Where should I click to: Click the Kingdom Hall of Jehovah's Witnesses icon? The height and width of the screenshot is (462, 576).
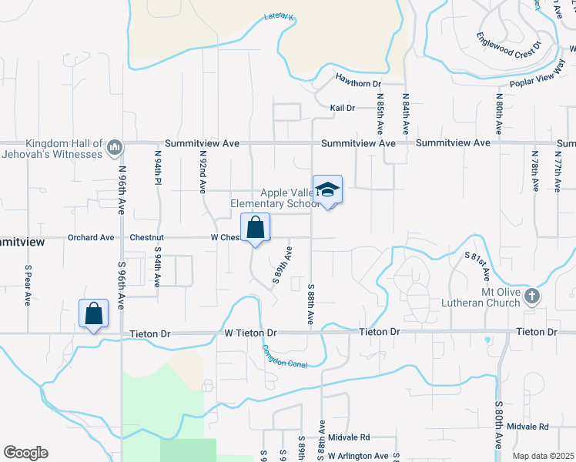pos(115,146)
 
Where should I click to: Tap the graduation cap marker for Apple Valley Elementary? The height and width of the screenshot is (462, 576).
pos(327,190)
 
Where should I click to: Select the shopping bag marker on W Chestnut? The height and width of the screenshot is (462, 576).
pos(255,228)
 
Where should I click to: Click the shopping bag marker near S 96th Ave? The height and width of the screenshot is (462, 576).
pos(93,313)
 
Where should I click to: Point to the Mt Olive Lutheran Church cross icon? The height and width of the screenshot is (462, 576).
pos(531,296)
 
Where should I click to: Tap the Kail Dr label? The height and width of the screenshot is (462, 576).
pos(342,109)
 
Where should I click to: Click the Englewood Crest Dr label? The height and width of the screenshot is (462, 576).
pos(509,47)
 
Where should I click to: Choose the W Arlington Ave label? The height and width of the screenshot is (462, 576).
pos(358,456)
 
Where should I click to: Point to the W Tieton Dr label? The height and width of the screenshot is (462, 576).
pos(250,333)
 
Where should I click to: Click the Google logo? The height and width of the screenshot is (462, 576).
pos(25,453)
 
